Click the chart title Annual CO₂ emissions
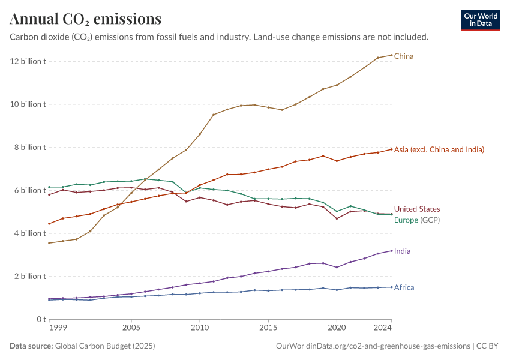(x=85, y=19)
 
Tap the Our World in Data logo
(x=480, y=20)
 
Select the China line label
(x=404, y=56)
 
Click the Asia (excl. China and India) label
(x=439, y=149)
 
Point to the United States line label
(x=417, y=209)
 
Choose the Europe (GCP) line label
(x=417, y=220)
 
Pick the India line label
(x=403, y=251)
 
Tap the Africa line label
(x=404, y=287)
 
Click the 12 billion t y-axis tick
(x=28, y=61)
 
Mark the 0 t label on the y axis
(x=40, y=319)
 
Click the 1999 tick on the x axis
(x=58, y=328)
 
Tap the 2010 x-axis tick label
(x=199, y=328)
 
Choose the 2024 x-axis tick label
(x=383, y=328)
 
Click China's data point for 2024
(x=392, y=55)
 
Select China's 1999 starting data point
(x=49, y=243)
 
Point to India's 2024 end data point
(x=392, y=251)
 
